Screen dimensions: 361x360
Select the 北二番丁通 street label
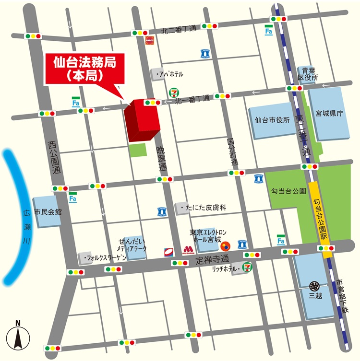point(179,29)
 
